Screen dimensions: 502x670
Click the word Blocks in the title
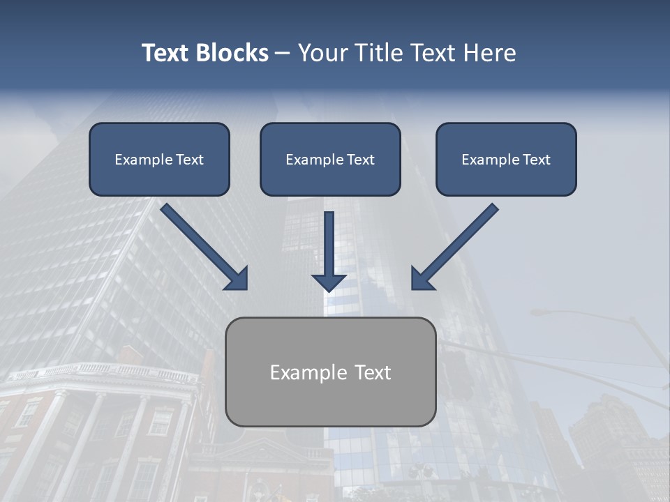click(x=232, y=53)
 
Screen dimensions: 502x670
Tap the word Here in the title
click(x=489, y=53)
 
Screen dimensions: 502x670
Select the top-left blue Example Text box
click(x=159, y=159)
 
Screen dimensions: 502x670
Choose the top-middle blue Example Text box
click(x=330, y=159)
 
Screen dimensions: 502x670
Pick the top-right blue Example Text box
click(x=506, y=159)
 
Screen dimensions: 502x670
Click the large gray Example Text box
click(x=330, y=372)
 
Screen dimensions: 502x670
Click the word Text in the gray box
click(x=373, y=372)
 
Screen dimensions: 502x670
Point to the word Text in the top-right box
click(x=536, y=160)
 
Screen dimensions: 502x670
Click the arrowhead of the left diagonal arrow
click(x=237, y=278)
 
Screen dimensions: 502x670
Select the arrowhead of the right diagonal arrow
click(x=422, y=279)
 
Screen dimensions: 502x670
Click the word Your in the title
click(x=320, y=53)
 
